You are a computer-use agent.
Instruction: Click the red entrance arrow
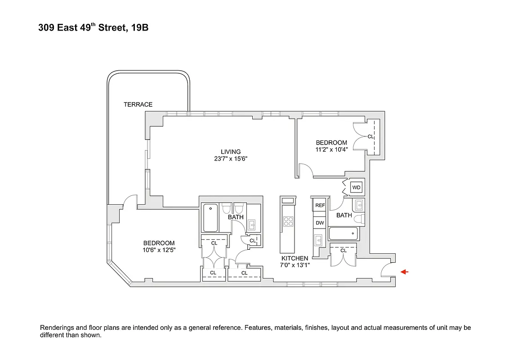tap(404, 272)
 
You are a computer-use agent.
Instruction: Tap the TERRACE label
tap(138, 104)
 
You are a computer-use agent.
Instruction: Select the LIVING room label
tap(230, 152)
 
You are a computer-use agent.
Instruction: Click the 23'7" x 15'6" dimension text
tap(231, 159)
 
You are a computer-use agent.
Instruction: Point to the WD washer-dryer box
tap(356, 187)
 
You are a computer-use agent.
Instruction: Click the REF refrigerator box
tap(320, 205)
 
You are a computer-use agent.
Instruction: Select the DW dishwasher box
tap(320, 223)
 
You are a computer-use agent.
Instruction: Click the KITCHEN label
tap(295, 258)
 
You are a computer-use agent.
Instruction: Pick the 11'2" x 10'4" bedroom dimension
tap(331, 149)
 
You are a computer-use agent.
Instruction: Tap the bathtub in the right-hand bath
tap(343, 234)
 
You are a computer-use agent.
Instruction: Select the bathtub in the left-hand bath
tap(210, 218)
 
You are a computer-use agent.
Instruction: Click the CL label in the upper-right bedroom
tap(371, 136)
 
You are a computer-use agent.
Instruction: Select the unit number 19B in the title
tap(139, 28)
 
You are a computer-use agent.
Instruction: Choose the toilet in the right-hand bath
tap(358, 219)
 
